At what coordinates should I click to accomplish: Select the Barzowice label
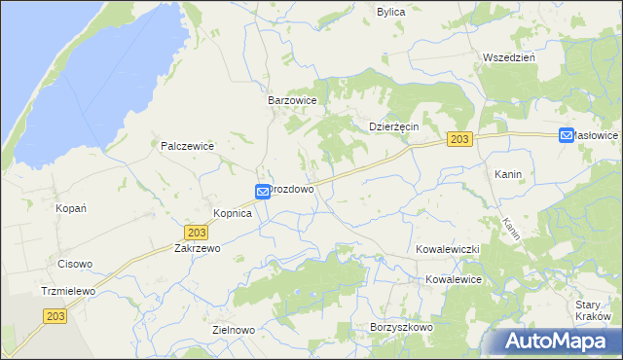(x=294, y=100)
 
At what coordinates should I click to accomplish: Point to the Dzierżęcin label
(x=393, y=126)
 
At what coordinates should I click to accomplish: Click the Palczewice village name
(x=187, y=146)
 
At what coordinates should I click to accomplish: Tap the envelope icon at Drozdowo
(x=262, y=193)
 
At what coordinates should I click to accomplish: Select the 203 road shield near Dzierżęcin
(x=460, y=141)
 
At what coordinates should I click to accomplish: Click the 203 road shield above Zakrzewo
(x=197, y=233)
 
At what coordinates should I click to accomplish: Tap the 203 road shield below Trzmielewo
(x=55, y=314)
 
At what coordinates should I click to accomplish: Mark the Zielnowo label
(x=233, y=330)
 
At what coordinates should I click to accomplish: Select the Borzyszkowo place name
(x=401, y=328)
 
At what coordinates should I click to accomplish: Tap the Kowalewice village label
(x=453, y=279)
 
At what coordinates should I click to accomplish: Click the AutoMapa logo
(x=558, y=342)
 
